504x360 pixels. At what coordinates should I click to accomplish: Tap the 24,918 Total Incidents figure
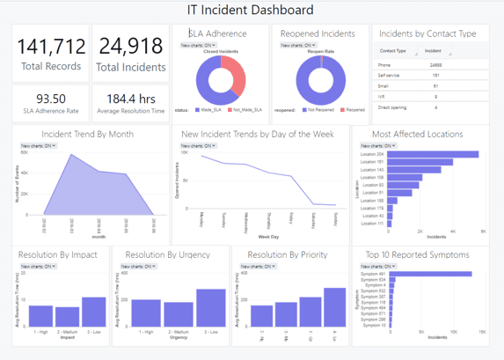click(130, 46)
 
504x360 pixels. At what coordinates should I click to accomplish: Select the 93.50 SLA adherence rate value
click(51, 99)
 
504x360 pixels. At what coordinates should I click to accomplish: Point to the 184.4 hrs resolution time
click(130, 99)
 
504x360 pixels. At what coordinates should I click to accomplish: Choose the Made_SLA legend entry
click(208, 110)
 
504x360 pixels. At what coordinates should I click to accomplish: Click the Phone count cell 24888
click(436, 65)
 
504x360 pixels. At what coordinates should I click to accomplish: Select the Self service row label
click(388, 76)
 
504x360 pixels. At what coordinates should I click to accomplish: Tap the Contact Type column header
click(392, 51)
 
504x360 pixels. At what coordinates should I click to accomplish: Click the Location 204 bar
click(432, 154)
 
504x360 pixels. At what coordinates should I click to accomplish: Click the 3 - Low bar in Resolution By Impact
click(94, 312)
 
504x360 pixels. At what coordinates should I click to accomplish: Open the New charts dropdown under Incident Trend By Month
click(38, 145)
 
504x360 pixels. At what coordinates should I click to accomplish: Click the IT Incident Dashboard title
click(251, 11)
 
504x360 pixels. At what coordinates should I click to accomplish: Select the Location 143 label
click(372, 169)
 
